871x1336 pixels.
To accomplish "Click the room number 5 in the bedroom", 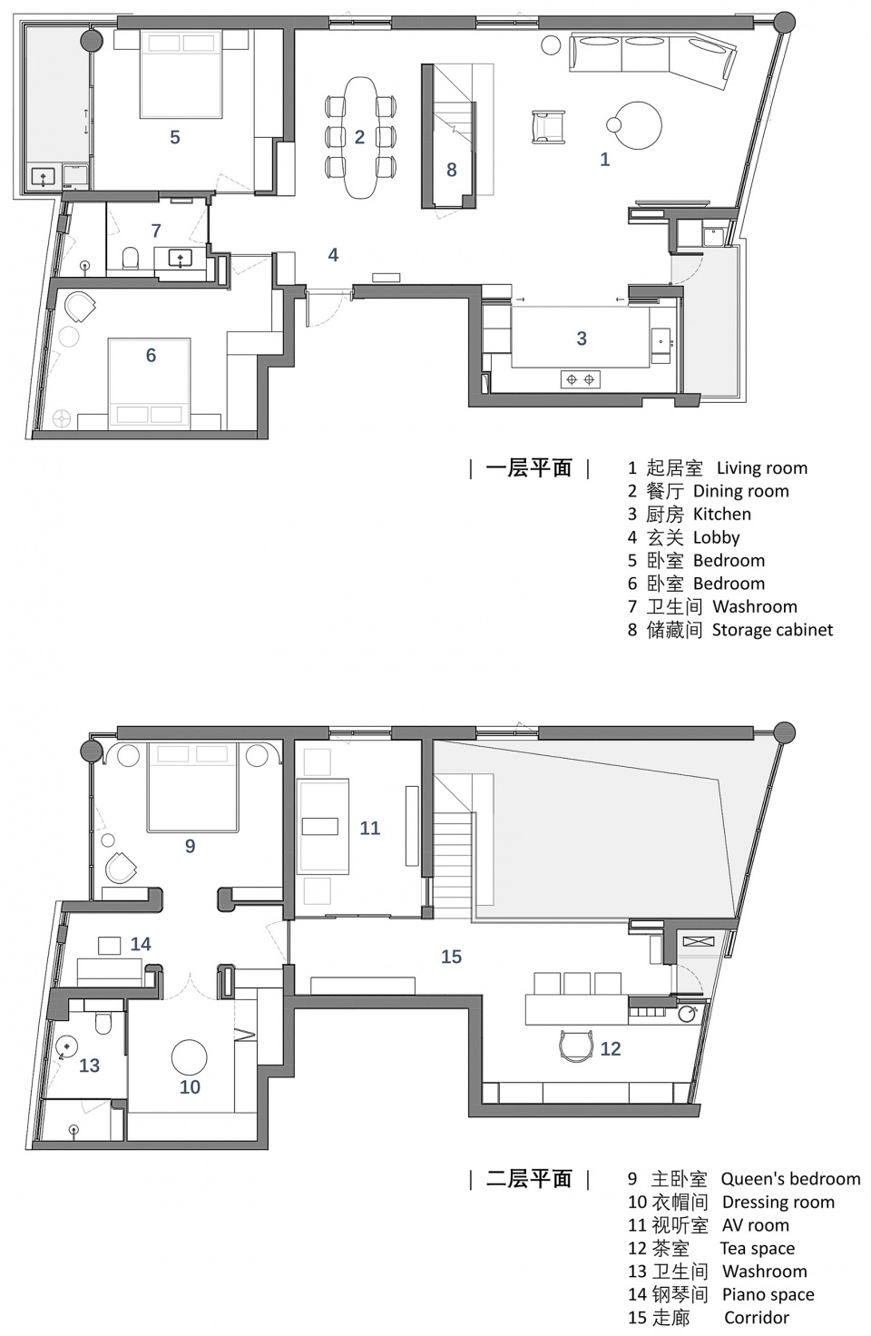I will coord(175,137).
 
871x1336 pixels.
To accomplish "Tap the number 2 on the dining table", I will coord(359,137).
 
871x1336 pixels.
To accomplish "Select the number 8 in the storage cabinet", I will coord(451,170).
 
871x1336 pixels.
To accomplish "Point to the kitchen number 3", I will coord(582,339).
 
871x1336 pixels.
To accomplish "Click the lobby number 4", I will coord(333,255).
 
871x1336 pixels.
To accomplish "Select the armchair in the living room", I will coord(546,126).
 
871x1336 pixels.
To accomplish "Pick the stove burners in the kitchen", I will coord(580,379).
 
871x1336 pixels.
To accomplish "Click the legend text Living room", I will coord(761,468).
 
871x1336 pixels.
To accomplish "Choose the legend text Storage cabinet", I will coord(772,630).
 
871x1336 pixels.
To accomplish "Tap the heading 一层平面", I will coord(529,468).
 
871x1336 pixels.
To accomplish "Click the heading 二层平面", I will coord(529,1179).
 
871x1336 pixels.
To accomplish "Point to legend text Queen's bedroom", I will coord(790,1179).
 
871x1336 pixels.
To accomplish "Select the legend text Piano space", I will coord(768,1294).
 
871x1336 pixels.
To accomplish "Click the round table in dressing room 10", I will coord(189,1057).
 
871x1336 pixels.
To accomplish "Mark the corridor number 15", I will coord(451,957).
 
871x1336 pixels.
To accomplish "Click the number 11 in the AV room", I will coord(369,828).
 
